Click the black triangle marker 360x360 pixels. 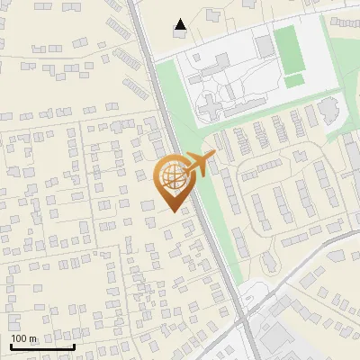tap(181, 24)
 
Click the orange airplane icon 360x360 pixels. tap(201, 165)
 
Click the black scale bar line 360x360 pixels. tap(42, 346)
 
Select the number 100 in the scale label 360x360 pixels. tap(20, 338)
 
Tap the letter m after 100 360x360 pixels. tap(33, 339)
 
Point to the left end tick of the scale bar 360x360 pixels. tap(11, 345)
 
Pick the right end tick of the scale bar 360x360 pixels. tap(74, 345)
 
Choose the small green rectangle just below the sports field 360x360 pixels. tap(294, 81)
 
